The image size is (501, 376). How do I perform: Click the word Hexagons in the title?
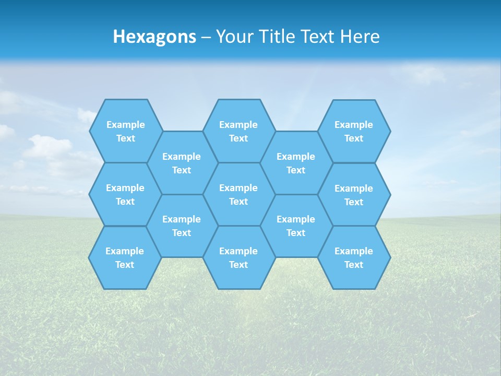tap(154, 37)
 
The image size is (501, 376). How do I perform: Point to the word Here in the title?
tap(360, 37)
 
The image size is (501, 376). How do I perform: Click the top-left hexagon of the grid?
tap(126, 131)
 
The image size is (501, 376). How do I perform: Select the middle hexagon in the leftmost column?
tap(125, 194)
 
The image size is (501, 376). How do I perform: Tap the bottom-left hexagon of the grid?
tap(125, 257)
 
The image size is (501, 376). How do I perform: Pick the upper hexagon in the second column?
tap(182, 163)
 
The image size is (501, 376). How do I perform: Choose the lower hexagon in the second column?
tap(182, 226)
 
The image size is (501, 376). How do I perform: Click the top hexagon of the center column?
tap(238, 131)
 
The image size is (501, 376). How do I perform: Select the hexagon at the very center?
tap(238, 194)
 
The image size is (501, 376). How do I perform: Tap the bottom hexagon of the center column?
tap(238, 257)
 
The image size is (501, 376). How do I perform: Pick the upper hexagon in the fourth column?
tap(296, 163)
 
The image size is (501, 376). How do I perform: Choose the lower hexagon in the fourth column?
tap(296, 226)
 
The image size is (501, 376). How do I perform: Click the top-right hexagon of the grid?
tap(354, 131)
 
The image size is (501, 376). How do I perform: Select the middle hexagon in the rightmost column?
tap(354, 195)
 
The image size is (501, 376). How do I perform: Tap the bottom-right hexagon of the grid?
tap(354, 257)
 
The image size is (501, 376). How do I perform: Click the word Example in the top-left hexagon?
tap(126, 125)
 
